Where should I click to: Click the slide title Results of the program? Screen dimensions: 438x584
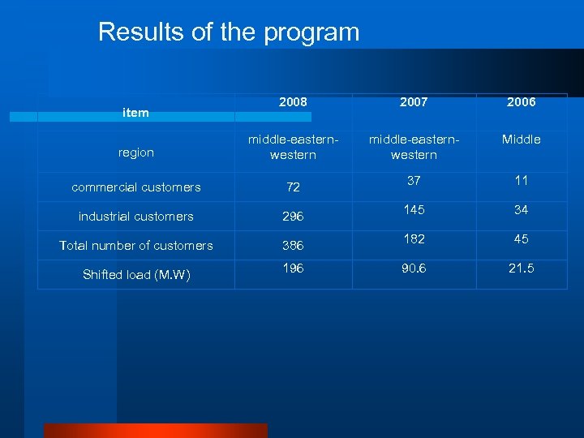[228, 32]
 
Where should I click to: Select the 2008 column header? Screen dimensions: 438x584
[293, 103]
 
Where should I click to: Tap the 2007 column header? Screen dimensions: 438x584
[414, 103]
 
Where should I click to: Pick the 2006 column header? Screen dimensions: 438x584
[521, 103]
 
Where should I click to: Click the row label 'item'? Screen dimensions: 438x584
[135, 113]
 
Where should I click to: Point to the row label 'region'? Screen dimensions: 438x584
[135, 152]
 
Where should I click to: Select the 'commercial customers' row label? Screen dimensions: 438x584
[135, 187]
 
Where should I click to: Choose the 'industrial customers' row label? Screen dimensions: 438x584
[135, 217]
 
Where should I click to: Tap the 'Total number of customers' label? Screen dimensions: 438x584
[135, 246]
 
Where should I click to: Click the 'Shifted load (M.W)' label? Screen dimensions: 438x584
[135, 275]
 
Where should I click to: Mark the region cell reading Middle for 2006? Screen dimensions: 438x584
[521, 140]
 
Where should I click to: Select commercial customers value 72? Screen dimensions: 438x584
[293, 187]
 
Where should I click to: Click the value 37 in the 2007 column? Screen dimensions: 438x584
[414, 180]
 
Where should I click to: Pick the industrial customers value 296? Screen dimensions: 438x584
[293, 217]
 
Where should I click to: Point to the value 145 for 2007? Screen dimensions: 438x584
[414, 210]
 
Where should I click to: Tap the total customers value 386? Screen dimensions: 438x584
[293, 246]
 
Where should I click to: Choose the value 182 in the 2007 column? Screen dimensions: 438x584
[414, 239]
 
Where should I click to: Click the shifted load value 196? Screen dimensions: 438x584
[293, 268]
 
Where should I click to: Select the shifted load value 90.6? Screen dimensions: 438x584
[414, 268]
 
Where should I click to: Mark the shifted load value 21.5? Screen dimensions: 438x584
[521, 268]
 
